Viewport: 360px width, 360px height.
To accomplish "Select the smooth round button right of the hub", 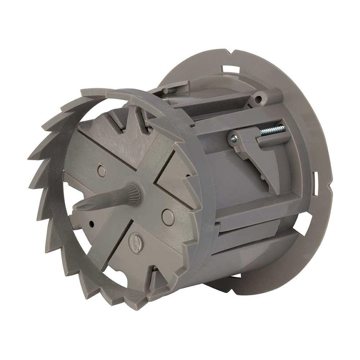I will coord(168,217).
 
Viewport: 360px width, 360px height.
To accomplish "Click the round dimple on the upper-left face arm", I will coord(102,171).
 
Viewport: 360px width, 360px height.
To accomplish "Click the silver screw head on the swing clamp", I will coord(234,138).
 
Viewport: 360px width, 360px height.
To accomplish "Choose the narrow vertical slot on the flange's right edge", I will coord(315,180).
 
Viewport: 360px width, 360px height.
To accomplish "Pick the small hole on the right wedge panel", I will coord(188,176).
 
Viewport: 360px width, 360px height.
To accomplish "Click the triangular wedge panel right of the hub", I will coord(176,180).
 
